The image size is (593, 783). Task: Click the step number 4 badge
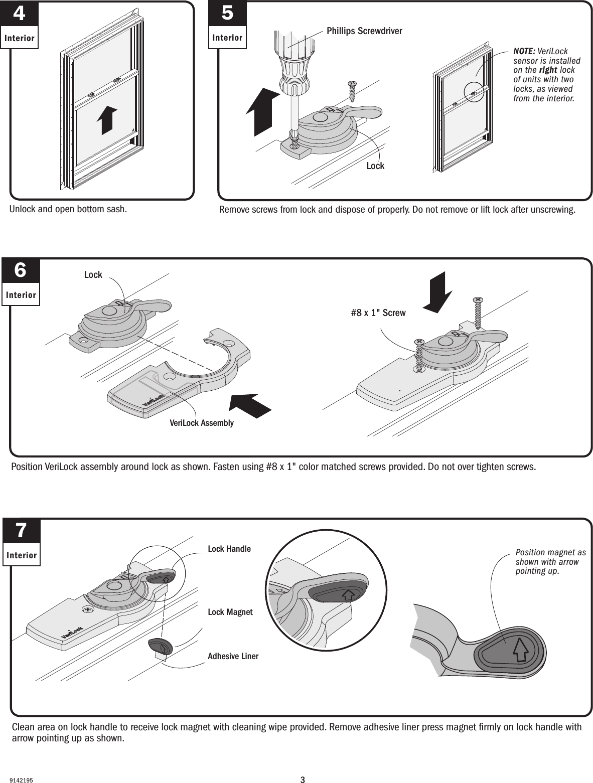pyautogui.click(x=19, y=14)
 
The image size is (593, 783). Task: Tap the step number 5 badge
pyautogui.click(x=227, y=14)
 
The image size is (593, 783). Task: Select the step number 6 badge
pyautogui.click(x=21, y=271)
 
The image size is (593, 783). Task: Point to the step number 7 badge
pyautogui.click(x=21, y=531)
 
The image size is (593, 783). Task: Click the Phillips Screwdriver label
pyautogui.click(x=364, y=31)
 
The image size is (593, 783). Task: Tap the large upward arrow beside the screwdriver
pyautogui.click(x=263, y=112)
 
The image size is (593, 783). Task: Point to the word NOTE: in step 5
pyautogui.click(x=524, y=52)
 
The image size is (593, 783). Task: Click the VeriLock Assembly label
pyautogui.click(x=201, y=423)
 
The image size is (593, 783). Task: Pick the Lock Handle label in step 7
pyautogui.click(x=229, y=549)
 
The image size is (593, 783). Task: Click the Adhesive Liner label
pyautogui.click(x=233, y=656)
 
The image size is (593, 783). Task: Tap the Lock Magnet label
pyautogui.click(x=230, y=612)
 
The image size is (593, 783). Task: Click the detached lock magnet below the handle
pyautogui.click(x=161, y=646)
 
